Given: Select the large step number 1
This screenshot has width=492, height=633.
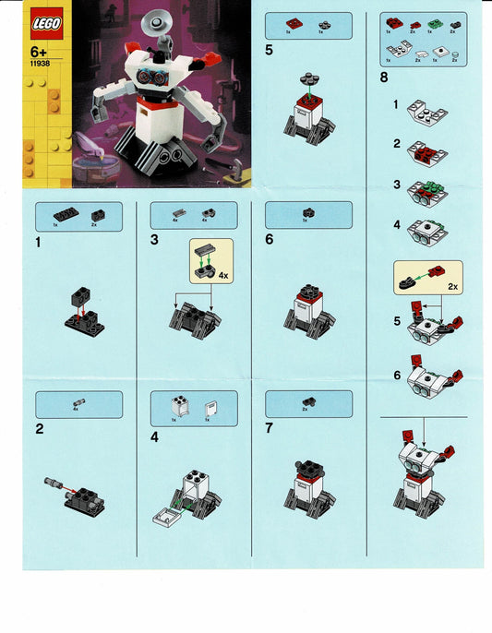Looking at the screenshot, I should pyautogui.click(x=37, y=243).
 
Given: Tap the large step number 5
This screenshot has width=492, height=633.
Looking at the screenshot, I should pyautogui.click(x=269, y=50).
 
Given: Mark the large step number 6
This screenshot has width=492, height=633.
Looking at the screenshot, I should pyautogui.click(x=270, y=240).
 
